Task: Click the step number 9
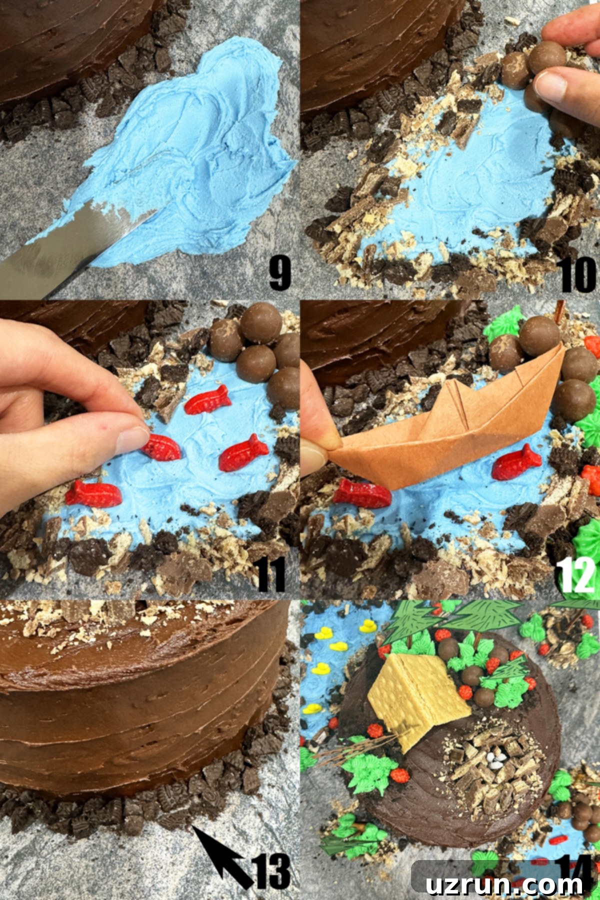coord(280,273)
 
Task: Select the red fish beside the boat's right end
coord(516,462)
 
